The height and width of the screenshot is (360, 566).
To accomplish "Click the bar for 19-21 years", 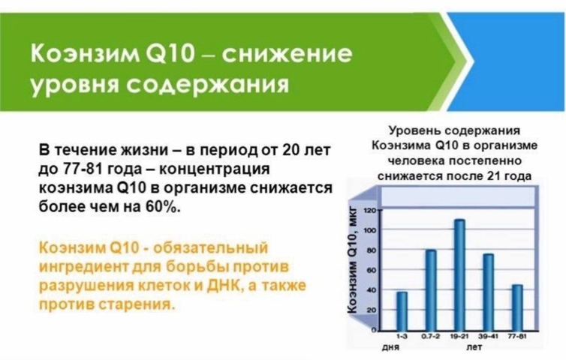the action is tap(459, 274).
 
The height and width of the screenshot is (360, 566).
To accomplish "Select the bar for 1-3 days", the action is tap(402, 311).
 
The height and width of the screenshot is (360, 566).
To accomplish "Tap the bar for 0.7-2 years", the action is tap(431, 290).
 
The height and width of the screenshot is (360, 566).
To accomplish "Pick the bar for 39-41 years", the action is tap(488, 292).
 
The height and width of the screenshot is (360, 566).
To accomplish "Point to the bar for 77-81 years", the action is tap(517, 307).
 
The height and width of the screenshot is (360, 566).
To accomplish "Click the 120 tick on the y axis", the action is tap(372, 210).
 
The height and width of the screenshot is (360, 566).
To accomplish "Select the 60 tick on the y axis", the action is tap(372, 270).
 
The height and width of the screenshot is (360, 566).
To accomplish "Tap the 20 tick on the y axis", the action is tap(372, 310).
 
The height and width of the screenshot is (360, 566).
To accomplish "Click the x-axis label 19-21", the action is tap(459, 336).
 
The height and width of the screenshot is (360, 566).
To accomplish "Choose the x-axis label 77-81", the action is tap(517, 336).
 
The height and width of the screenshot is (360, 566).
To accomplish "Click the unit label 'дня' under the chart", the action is tap(390, 347).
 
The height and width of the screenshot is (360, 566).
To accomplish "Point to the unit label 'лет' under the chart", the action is tap(474, 347).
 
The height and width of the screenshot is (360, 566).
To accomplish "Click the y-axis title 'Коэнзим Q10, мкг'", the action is tap(352, 260).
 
